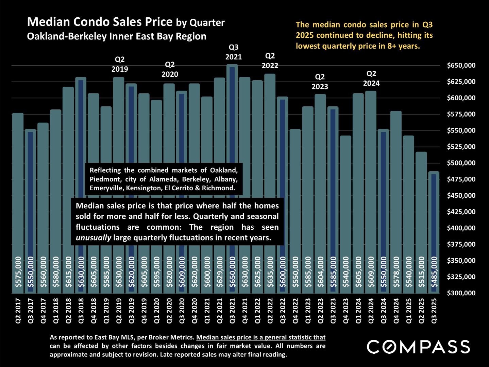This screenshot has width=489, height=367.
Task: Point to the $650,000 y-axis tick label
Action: pos(461,65)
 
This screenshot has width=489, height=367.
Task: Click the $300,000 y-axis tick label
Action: pos(461,293)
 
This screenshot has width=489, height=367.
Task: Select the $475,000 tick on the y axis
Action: pos(461,179)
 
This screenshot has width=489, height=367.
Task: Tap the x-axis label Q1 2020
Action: pos(157,311)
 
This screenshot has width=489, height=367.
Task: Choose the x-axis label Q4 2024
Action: pos(396,311)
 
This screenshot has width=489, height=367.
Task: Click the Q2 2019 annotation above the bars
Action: pos(120,64)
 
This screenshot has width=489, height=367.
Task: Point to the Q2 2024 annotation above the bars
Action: pos(371,78)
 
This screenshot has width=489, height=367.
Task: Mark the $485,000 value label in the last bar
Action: pos(434,272)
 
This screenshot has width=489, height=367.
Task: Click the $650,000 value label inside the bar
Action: pos(233,272)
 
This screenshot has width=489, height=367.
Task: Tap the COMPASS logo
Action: pos(418,347)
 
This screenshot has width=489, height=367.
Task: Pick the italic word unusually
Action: pos(93,238)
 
